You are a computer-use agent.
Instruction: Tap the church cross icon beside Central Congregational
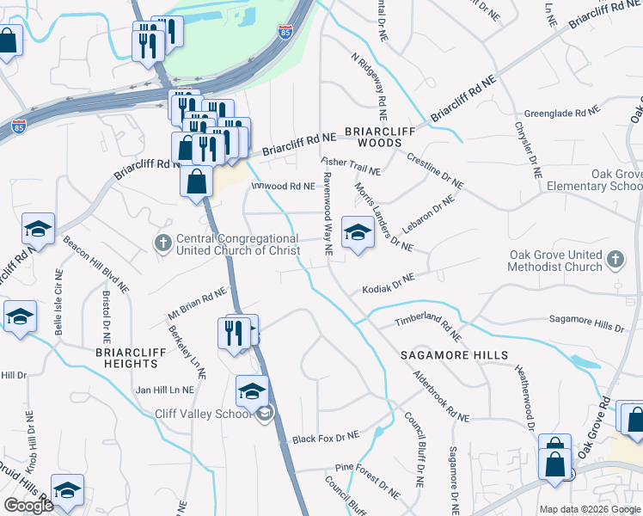tap(162, 243)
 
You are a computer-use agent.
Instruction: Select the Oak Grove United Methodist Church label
tap(555, 261)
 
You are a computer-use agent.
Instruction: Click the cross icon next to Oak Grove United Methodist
tap(615, 260)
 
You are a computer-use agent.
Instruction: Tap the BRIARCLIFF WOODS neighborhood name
tap(373, 137)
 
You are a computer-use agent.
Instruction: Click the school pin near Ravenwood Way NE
tap(357, 232)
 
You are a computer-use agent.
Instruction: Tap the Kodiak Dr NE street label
tap(388, 284)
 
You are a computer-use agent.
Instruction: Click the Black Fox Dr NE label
tap(325, 438)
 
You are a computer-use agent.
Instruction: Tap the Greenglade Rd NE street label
tap(561, 113)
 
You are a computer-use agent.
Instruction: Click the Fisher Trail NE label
tap(351, 166)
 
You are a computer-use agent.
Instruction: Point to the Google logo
tap(28, 506)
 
